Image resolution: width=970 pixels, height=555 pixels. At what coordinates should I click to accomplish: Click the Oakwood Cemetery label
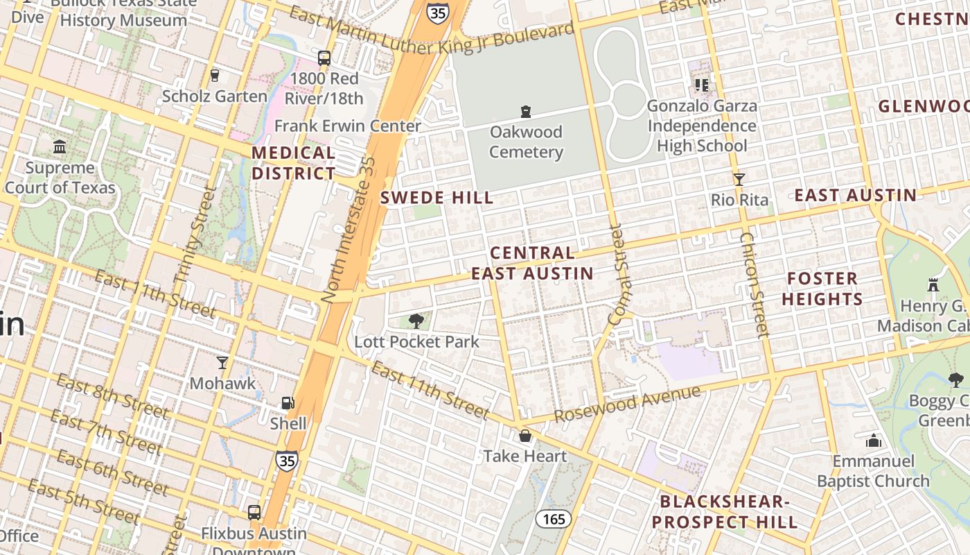tap(526, 142)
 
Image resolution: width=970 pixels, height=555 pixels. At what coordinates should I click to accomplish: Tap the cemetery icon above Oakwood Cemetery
tap(526, 111)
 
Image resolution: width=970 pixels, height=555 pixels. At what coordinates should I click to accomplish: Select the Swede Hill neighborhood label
tap(437, 198)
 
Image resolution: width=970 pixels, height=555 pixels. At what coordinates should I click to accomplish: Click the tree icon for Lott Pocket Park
tap(416, 321)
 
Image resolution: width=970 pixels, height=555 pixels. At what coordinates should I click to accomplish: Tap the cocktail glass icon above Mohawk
tap(222, 362)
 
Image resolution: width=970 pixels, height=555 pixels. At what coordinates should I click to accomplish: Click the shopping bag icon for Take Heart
tap(525, 436)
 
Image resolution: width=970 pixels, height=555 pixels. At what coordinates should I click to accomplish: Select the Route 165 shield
tap(553, 519)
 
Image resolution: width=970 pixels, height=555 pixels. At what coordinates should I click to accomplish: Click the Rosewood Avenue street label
tap(627, 404)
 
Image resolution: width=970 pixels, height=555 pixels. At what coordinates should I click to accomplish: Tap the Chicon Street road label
tap(755, 284)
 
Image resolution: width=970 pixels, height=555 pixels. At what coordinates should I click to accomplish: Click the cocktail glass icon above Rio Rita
tap(739, 179)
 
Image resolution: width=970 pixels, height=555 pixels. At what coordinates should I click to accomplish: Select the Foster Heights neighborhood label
tap(823, 289)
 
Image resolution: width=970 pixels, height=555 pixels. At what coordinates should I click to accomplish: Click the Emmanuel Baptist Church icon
tap(873, 441)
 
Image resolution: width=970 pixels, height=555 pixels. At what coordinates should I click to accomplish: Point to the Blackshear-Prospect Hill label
tap(725, 512)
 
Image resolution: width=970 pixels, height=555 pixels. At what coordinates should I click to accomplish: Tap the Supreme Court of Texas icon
tap(60, 147)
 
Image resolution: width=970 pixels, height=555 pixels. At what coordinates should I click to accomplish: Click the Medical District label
tap(294, 163)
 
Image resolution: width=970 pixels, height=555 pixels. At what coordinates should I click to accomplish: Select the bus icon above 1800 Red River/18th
tap(324, 58)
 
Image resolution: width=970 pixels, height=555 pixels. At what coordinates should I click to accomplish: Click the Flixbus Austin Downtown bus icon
tap(254, 513)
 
